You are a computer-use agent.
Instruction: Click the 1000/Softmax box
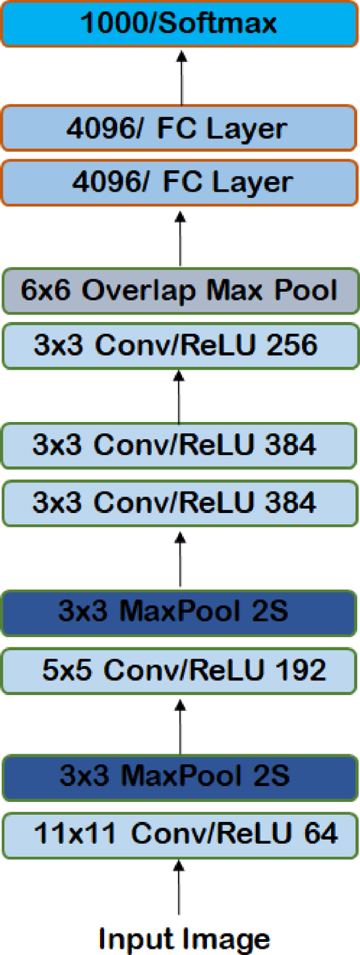coord(180,23)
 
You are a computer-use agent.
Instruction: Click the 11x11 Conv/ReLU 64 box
coord(180,834)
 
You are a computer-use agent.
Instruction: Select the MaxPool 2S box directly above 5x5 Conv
coord(180,612)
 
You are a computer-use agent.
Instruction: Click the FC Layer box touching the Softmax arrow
coord(180,128)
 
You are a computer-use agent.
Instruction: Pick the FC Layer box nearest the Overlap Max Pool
coord(180,183)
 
